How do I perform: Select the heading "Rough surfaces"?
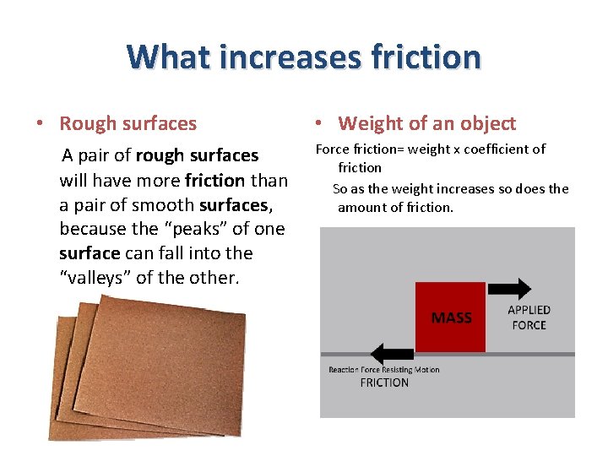tap(128, 123)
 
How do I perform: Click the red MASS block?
tap(450, 317)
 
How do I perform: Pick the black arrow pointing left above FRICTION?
tap(392, 353)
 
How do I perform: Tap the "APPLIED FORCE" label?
tap(529, 318)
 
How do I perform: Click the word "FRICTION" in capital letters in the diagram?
tap(384, 383)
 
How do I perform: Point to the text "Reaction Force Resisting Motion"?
tap(384, 369)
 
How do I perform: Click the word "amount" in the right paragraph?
tap(361, 207)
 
